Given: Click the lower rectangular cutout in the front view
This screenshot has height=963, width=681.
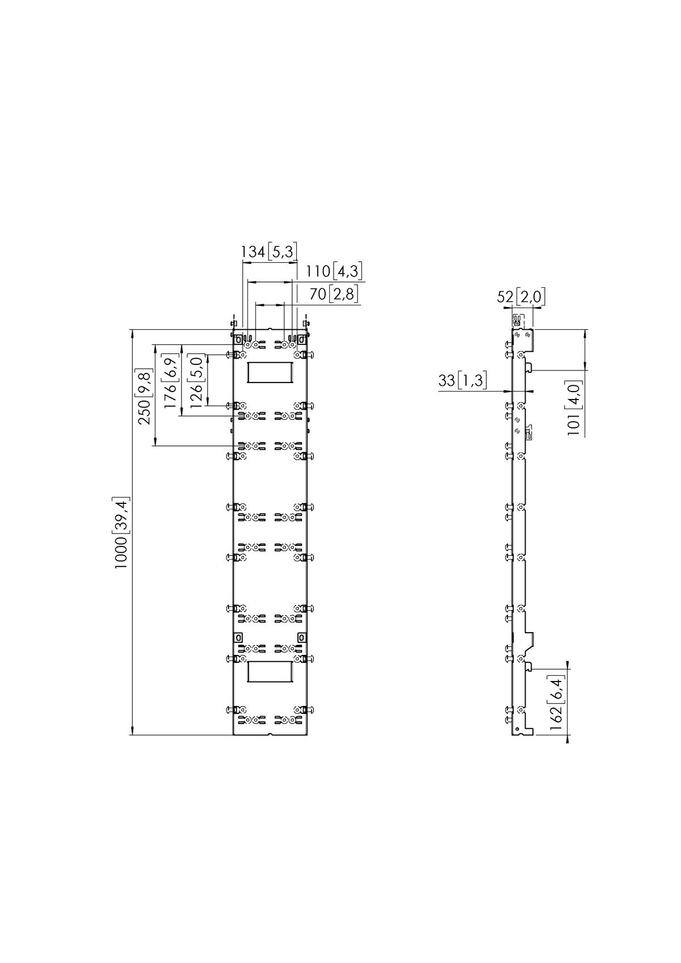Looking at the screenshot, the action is tap(270, 671).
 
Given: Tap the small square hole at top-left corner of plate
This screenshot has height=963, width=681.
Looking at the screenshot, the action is tap(238, 339).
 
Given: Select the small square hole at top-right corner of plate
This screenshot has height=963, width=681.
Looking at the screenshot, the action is tap(302, 339).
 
